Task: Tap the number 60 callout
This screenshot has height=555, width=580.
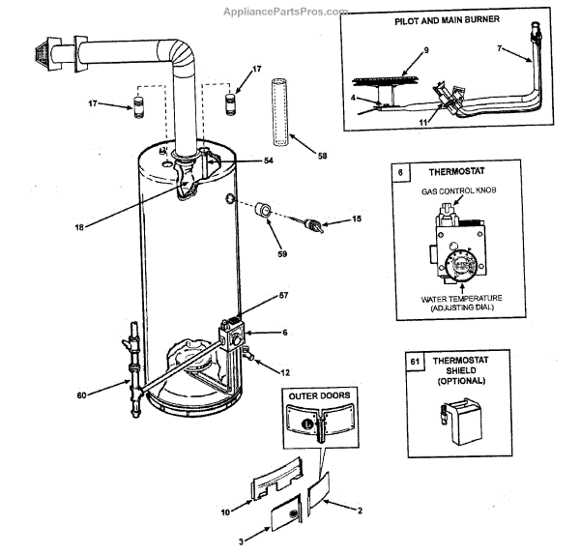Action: click(x=82, y=394)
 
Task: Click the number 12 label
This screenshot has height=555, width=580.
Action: click(x=284, y=372)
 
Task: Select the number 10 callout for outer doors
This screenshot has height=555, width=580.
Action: click(x=226, y=511)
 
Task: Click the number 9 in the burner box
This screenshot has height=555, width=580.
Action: click(x=424, y=49)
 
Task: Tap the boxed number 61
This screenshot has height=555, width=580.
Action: click(x=416, y=363)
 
